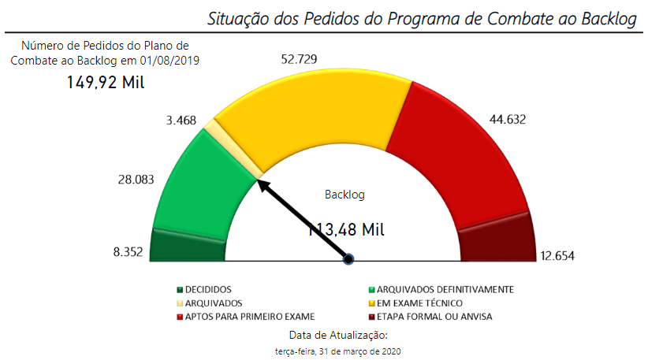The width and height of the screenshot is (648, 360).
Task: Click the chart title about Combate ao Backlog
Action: click(x=423, y=19)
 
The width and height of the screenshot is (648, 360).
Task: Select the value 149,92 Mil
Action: click(x=106, y=82)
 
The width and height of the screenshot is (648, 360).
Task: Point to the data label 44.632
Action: click(x=508, y=120)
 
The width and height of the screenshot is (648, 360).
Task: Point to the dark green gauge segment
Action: click(x=188, y=246)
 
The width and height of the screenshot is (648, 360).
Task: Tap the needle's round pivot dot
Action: click(x=348, y=258)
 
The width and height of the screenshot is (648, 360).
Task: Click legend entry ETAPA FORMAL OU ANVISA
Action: click(x=434, y=317)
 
